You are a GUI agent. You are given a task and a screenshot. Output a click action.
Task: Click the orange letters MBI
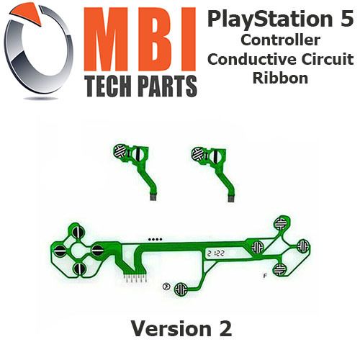140,40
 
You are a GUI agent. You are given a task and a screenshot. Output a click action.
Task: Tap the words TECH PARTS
142,86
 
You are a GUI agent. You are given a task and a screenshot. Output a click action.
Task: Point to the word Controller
280,40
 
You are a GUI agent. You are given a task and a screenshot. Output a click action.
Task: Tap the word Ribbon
280,78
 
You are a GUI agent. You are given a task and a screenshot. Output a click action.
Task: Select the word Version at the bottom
171,328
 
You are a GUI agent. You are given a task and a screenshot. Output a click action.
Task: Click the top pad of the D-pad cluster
78,231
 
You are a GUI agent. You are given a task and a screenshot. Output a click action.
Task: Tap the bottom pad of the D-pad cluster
79,269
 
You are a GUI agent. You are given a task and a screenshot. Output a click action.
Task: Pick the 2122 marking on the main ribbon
216,253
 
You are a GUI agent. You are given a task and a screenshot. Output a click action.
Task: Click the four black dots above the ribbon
155,239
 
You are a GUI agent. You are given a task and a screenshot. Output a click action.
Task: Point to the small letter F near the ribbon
265,276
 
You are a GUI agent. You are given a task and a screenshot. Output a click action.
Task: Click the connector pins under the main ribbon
135,279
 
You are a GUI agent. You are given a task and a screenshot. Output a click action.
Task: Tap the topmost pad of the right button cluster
281,223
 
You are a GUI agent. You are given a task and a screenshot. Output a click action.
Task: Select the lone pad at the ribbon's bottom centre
181,289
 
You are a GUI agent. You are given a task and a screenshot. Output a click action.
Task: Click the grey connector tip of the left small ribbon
153,197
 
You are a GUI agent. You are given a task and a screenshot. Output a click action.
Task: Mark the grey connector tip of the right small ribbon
231,199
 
